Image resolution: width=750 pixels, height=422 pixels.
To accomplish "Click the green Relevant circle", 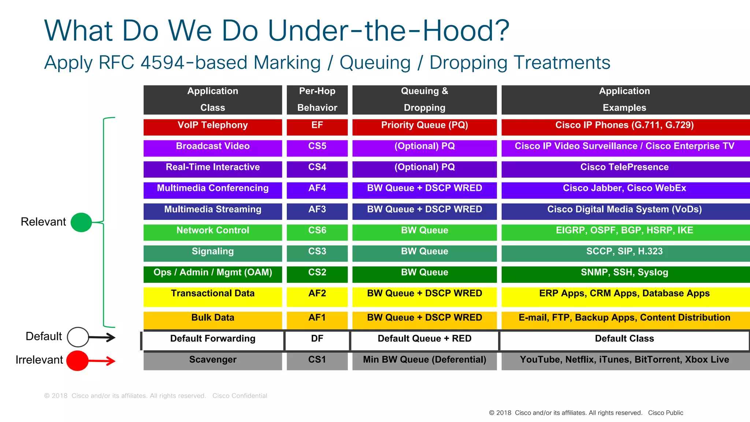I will pyautogui.click(x=81, y=222).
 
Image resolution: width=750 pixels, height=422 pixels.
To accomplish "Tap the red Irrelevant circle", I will pyautogui.click(x=77, y=361).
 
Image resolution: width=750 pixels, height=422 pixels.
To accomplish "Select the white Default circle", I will pyautogui.click(x=78, y=337).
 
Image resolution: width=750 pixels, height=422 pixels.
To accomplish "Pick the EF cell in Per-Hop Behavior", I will pyautogui.click(x=317, y=127).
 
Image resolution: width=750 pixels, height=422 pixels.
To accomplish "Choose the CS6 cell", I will pyautogui.click(x=317, y=232).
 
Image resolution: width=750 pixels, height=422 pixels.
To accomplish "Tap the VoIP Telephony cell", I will pyautogui.click(x=212, y=127).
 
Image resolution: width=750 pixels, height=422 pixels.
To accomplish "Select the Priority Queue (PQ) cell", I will pyautogui.click(x=424, y=127).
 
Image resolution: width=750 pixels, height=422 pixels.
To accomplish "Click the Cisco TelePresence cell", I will pyautogui.click(x=624, y=169).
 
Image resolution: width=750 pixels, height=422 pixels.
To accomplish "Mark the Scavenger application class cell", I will pyautogui.click(x=212, y=361).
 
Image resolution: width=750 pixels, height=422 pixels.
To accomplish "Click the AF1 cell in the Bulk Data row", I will pyautogui.click(x=317, y=319).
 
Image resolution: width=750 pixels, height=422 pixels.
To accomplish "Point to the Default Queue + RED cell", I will pyautogui.click(x=424, y=340).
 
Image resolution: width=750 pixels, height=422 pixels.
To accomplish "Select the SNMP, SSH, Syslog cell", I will pyautogui.click(x=624, y=274).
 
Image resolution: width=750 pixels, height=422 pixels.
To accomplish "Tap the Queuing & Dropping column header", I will pyautogui.click(x=424, y=100).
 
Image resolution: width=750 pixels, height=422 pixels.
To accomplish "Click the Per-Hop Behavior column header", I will pyautogui.click(x=317, y=100).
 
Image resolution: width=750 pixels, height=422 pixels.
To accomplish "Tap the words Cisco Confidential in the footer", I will pyautogui.click(x=240, y=396).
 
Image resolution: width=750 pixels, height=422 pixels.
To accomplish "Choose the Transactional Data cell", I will pyautogui.click(x=212, y=296).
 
